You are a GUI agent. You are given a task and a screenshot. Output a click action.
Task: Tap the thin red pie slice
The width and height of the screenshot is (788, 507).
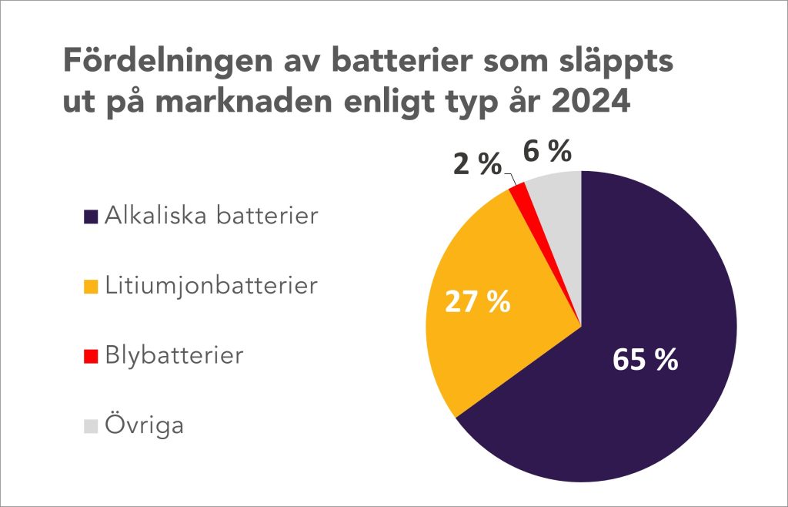coord(523,192)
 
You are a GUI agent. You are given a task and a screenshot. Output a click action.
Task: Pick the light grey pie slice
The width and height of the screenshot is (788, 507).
coord(558,193)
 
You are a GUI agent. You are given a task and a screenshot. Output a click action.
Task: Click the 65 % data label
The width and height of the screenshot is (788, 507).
coord(645,359)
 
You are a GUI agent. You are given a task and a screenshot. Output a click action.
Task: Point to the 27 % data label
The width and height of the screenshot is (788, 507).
coord(478,301)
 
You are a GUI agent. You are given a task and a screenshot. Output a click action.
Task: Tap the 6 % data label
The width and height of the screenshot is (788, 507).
coord(547,152)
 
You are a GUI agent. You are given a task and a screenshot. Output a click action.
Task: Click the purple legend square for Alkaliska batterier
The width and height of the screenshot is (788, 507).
coord(92,216)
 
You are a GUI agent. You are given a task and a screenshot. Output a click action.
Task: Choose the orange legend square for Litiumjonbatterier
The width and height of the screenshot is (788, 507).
coord(92,287)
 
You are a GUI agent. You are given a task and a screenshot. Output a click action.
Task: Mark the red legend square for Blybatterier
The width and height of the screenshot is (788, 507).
coord(92,357)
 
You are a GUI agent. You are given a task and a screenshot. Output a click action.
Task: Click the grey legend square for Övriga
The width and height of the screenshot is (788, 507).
coord(92,426)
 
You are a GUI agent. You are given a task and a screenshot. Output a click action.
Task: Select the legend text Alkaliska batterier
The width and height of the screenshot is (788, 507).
coord(212,215)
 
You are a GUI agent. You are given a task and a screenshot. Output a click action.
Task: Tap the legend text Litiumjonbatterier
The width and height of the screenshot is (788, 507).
coord(212,286)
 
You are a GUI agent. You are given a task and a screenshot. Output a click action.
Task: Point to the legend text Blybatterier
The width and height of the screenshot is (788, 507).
coord(175,356)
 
